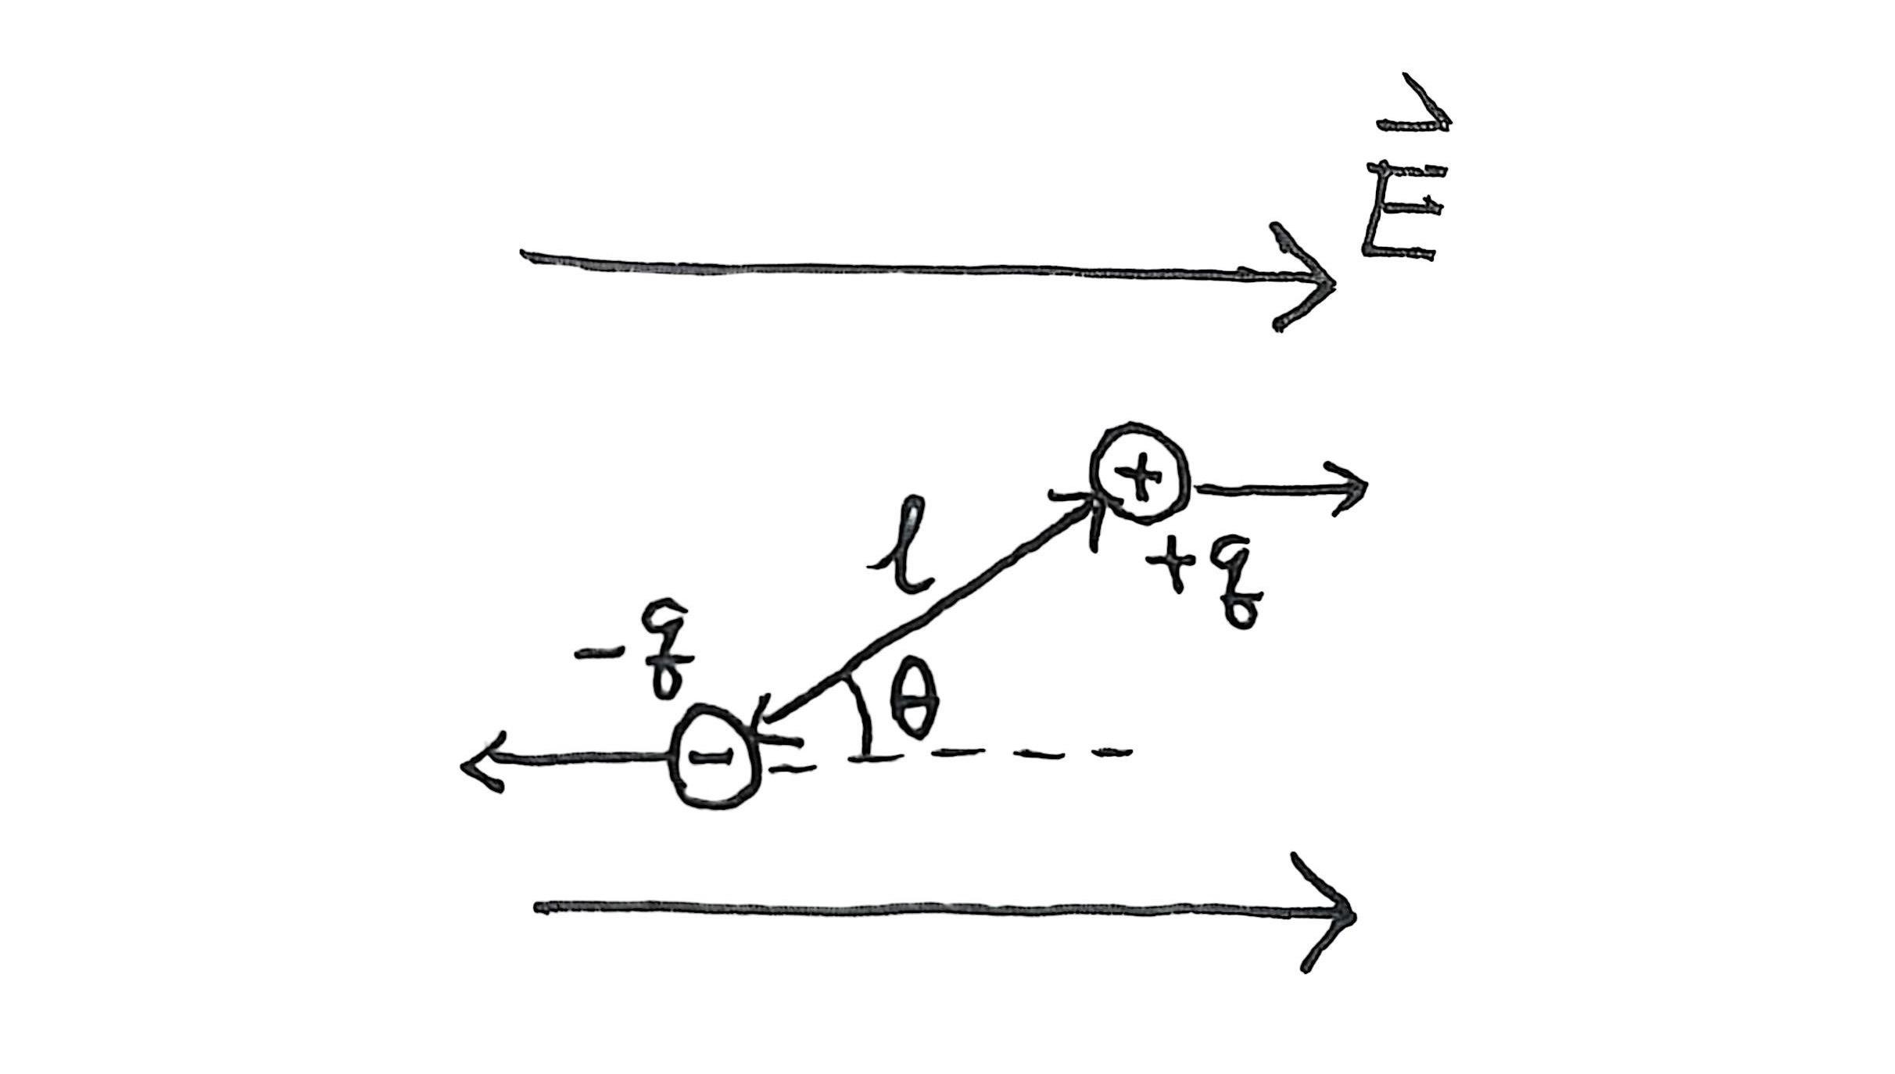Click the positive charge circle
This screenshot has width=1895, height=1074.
1141,474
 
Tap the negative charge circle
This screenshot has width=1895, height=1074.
715,756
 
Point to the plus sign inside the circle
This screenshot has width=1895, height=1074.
1139,474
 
